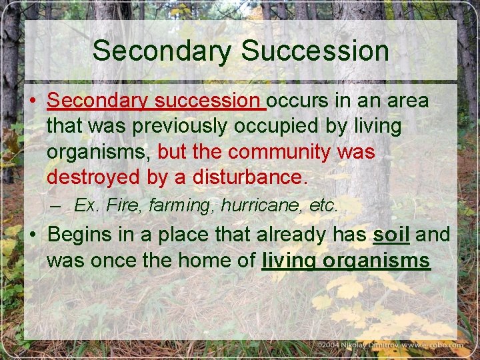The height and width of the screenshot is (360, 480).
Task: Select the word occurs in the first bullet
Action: click(x=299, y=101)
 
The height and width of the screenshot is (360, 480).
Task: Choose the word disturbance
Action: click(x=250, y=177)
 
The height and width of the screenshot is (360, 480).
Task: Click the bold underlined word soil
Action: click(x=391, y=235)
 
